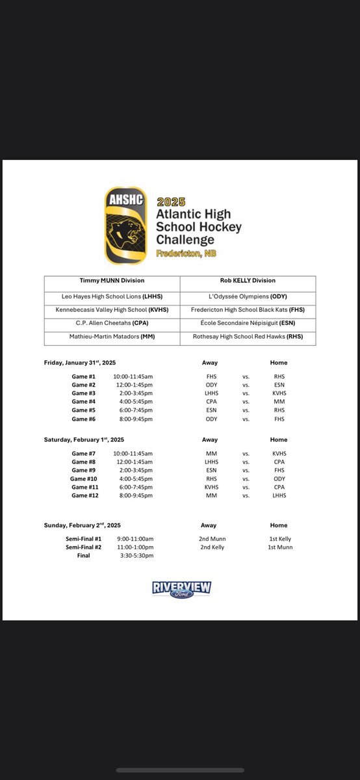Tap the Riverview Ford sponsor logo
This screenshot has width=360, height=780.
(x=181, y=589)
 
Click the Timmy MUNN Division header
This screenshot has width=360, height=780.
(x=112, y=281)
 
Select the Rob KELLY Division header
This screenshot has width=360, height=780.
(x=248, y=281)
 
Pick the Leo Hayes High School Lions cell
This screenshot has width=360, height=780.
(x=112, y=296)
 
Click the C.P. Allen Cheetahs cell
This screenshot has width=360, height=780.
(x=112, y=323)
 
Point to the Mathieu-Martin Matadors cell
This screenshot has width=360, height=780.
(x=112, y=337)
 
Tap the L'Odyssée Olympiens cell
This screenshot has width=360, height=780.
(x=248, y=296)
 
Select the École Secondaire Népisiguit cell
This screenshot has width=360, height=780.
(x=248, y=323)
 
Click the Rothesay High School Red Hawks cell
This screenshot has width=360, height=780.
(x=248, y=337)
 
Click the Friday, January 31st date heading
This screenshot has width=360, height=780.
(x=80, y=363)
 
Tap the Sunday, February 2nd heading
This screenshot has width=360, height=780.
(x=82, y=525)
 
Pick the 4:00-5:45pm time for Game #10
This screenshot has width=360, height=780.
(x=133, y=478)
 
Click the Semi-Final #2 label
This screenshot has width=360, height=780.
(x=79, y=547)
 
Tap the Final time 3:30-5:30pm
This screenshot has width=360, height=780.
(x=133, y=556)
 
